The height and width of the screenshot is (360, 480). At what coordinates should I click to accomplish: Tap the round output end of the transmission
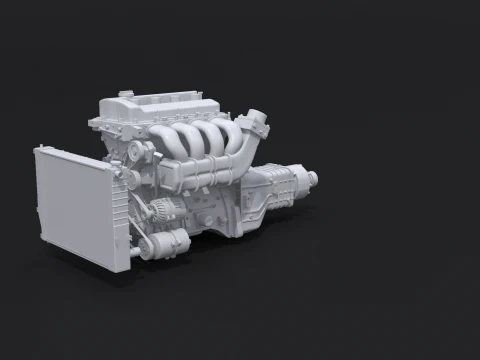(x=313, y=178)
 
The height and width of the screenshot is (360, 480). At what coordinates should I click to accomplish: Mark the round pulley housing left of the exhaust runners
(x=136, y=153)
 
